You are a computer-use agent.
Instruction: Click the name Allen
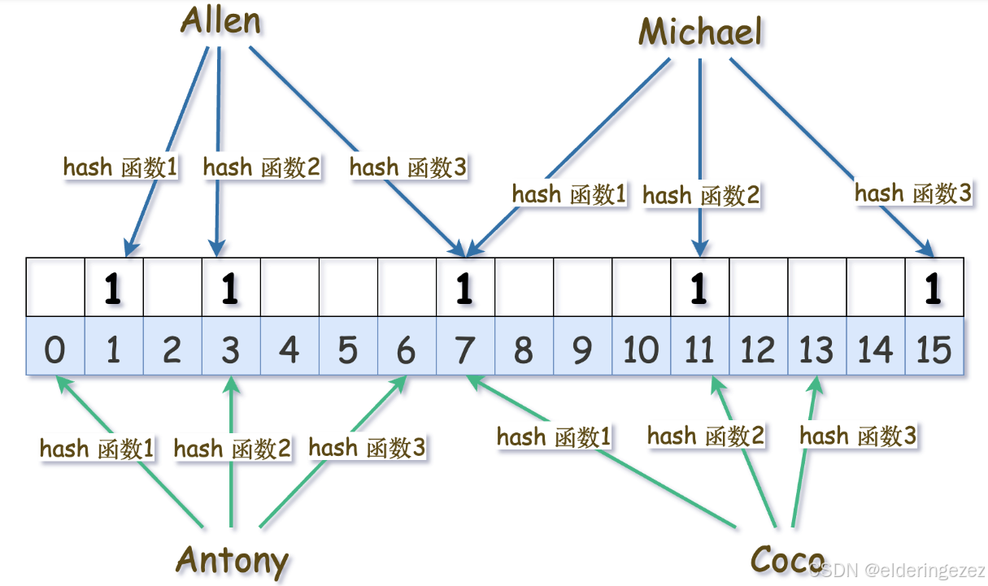220,22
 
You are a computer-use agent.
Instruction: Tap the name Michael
700,33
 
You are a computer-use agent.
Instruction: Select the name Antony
233,560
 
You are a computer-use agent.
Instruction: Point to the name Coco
786,560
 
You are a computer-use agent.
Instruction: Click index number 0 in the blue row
55,350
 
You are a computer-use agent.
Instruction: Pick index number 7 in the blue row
464,350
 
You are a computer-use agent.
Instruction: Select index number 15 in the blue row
934,350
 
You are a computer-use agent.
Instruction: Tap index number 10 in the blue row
641,350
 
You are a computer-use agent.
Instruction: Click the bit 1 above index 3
231,289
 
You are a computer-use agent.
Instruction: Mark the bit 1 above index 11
699,289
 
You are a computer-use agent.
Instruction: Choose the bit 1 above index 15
934,289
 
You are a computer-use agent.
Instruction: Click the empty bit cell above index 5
348,288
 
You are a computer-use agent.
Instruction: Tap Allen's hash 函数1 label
120,167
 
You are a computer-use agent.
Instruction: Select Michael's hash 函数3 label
912,193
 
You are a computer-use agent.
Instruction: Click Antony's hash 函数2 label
232,448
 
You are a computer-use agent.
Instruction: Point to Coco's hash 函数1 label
554,437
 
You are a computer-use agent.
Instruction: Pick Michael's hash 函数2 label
700,195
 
